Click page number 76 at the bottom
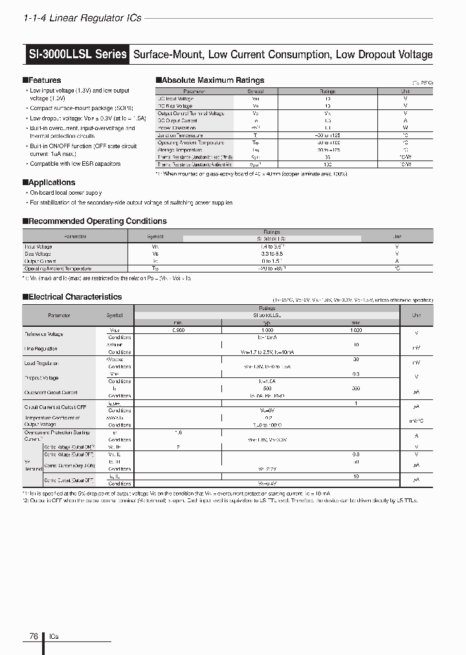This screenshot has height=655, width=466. click(33, 636)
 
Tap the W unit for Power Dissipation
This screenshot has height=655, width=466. click(405, 128)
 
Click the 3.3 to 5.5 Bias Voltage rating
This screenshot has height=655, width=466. click(271, 254)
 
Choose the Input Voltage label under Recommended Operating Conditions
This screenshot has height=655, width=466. click(39, 247)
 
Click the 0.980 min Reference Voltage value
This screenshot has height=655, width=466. click(178, 330)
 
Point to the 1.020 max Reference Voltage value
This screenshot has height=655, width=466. click(356, 330)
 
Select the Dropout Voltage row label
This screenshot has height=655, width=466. click(41, 378)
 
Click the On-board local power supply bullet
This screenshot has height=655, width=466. click(66, 193)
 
